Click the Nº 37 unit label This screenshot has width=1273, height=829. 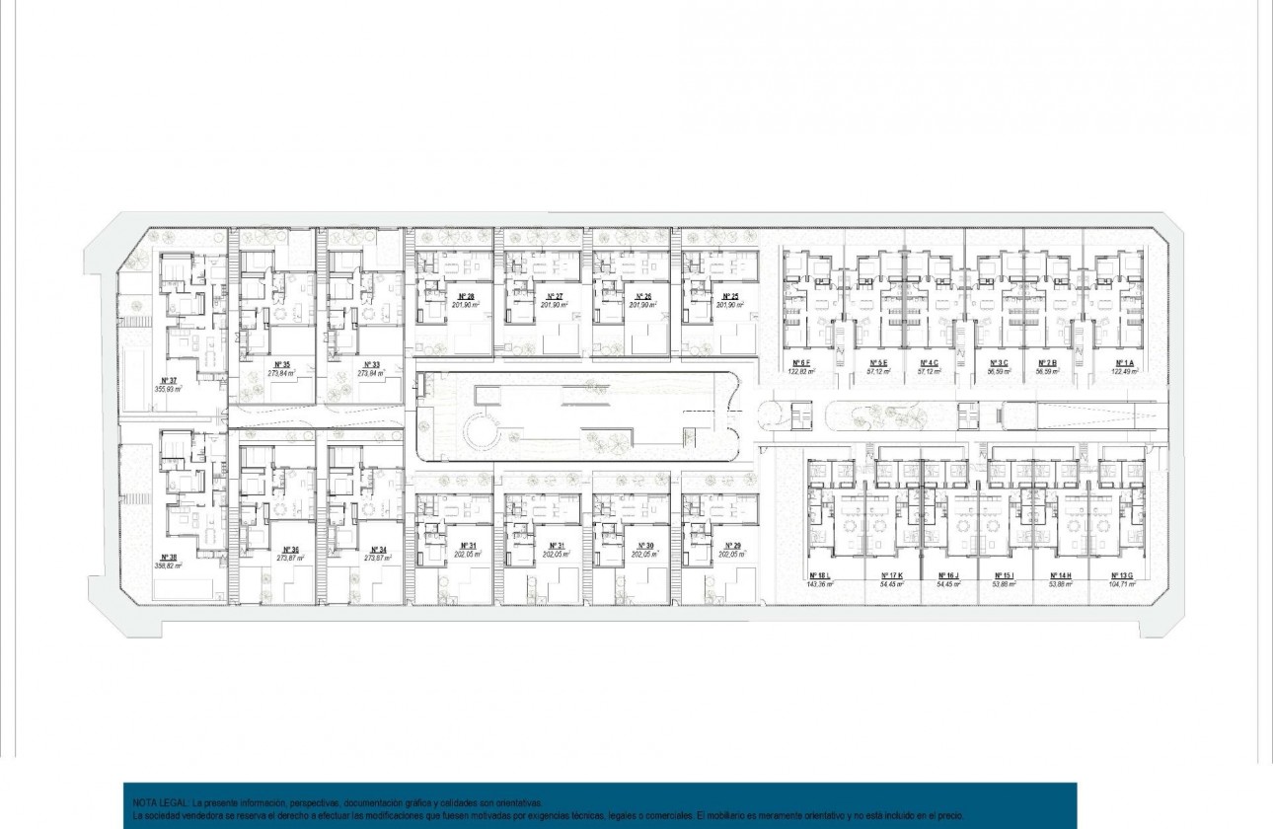pyautogui.click(x=168, y=380)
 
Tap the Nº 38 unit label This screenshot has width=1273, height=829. pyautogui.click(x=168, y=558)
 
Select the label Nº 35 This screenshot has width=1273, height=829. pyautogui.click(x=282, y=365)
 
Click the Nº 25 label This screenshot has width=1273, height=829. pyautogui.click(x=730, y=296)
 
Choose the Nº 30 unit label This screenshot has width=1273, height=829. pyautogui.click(x=644, y=546)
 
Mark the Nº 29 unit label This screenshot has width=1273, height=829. pyautogui.click(x=731, y=546)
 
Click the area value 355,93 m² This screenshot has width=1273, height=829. pyautogui.click(x=169, y=390)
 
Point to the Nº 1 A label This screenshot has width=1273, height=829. pyautogui.click(x=1124, y=363)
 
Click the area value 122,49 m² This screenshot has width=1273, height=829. pyautogui.click(x=1124, y=372)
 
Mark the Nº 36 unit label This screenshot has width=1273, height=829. pyautogui.click(x=289, y=550)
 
